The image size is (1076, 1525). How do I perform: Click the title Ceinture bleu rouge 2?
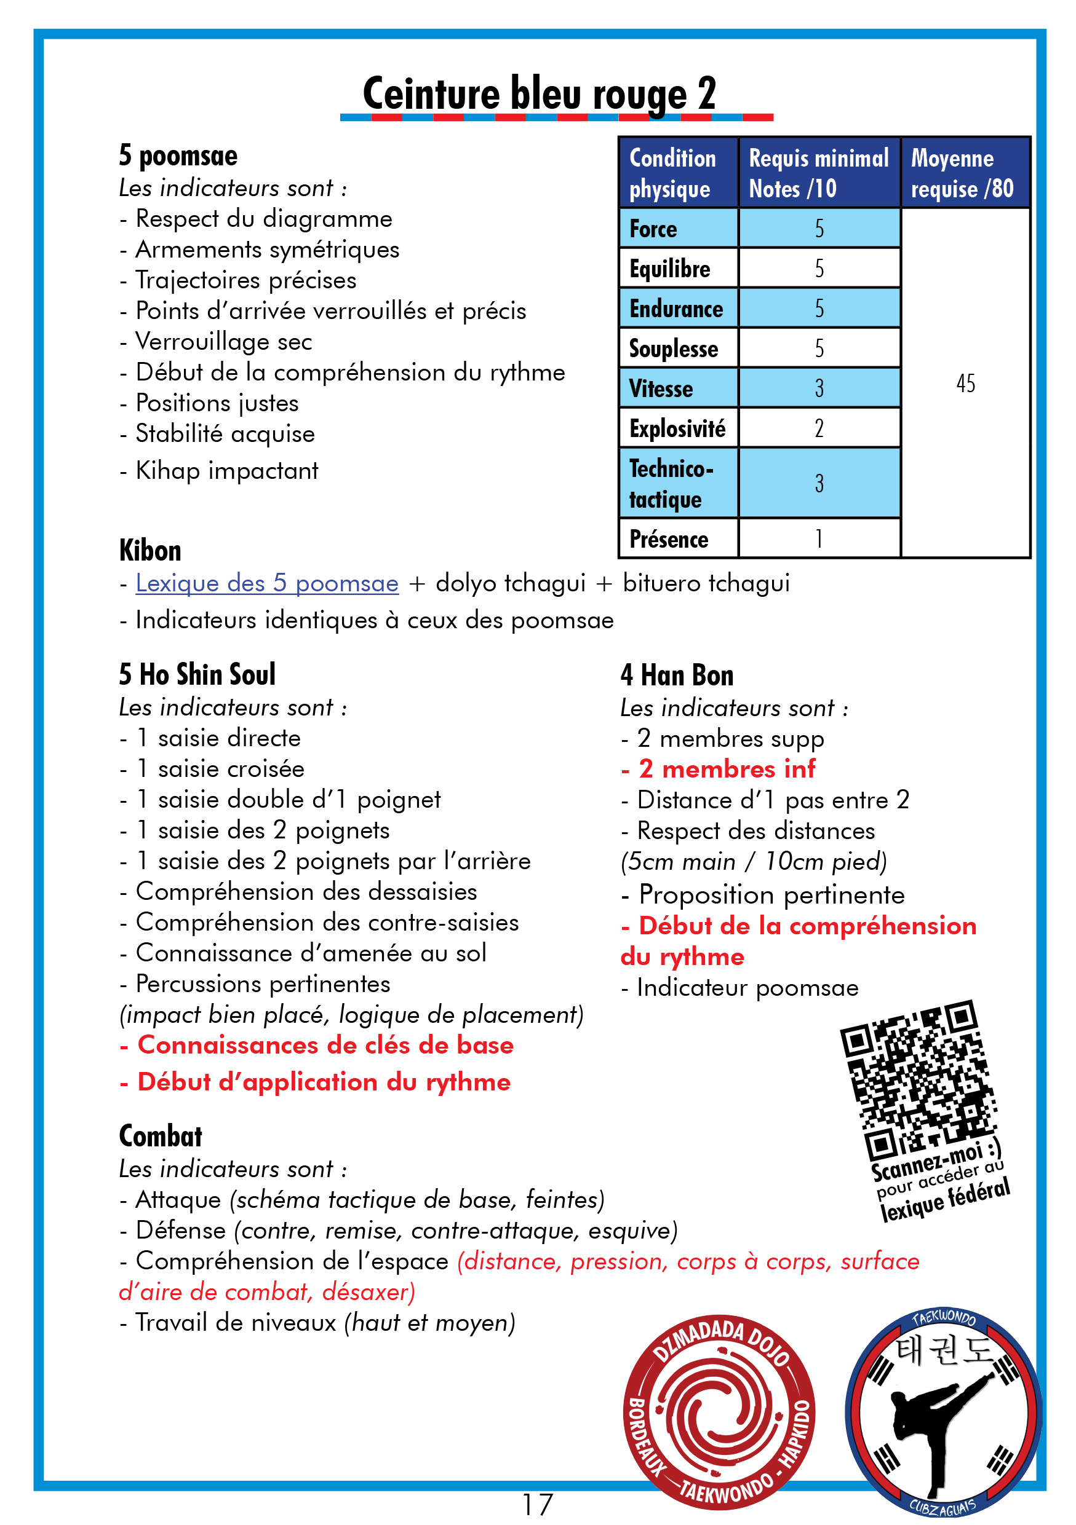coord(539,93)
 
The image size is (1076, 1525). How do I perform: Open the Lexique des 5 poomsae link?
coord(266,583)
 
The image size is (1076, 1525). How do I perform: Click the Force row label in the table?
coord(653,229)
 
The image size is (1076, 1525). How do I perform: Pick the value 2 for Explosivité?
coord(819,428)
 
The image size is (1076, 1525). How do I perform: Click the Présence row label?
coord(669,539)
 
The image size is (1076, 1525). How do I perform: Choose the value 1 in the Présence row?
coord(819,538)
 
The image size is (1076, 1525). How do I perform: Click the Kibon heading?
coord(150,551)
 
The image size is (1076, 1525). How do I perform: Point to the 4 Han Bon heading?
coord(677,676)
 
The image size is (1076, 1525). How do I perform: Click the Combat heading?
coord(160,1137)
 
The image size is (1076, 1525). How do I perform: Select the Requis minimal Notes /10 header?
coord(818,173)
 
